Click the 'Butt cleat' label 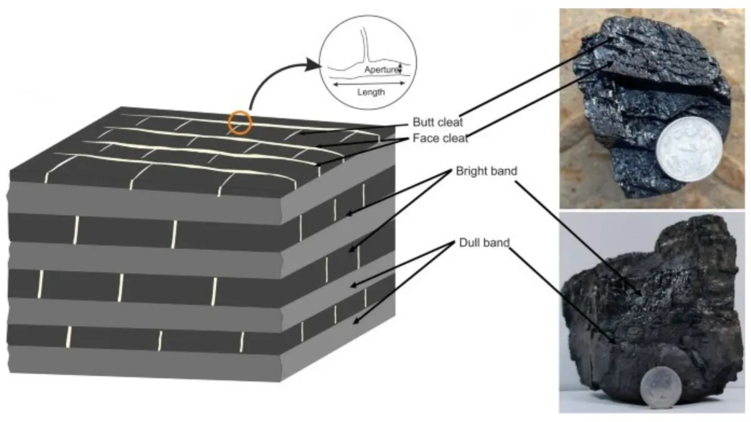click(x=437, y=123)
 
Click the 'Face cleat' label click(x=440, y=138)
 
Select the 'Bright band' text click(x=486, y=171)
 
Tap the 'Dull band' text click(x=484, y=243)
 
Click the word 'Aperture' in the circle click(x=382, y=69)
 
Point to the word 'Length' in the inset click(x=370, y=92)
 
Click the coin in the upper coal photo click(x=689, y=149)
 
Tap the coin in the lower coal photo click(x=661, y=387)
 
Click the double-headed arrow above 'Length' click(x=369, y=84)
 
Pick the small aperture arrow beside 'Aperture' click(x=400, y=68)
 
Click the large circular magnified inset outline click(x=320, y=62)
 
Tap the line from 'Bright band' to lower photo click(x=578, y=238)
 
